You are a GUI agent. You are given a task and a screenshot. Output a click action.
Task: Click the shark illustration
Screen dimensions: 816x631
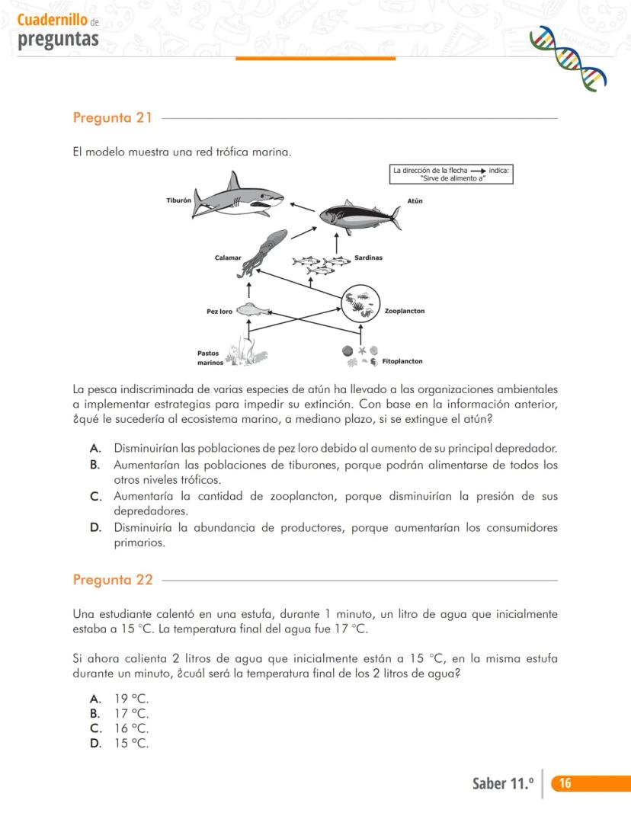coord(235,195)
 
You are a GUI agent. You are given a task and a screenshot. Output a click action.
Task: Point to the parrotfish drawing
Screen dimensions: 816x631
coord(254,310)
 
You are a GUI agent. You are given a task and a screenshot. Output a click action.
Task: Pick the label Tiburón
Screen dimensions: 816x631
coord(178,200)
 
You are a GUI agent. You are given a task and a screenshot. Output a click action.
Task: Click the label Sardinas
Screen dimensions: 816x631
coord(368,258)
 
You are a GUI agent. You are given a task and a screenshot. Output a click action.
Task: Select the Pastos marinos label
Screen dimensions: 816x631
coord(209,357)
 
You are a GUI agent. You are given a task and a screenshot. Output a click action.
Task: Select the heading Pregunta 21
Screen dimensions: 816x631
coord(112,118)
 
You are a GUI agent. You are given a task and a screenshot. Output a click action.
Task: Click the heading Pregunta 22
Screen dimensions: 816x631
coord(112,580)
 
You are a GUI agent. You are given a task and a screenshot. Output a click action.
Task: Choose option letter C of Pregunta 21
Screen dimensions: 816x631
coord(96,497)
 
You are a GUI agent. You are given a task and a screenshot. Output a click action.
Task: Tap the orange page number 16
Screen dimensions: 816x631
coord(565,783)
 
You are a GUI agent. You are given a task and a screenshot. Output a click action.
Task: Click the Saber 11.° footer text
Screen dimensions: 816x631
coord(502,783)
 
